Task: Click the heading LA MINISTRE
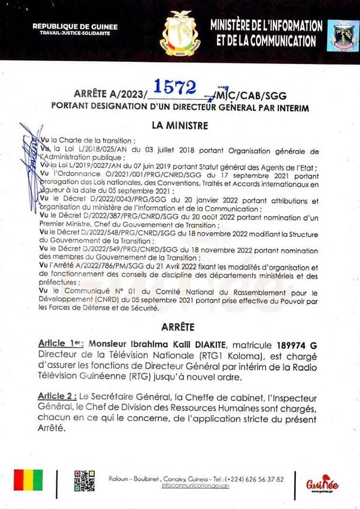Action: pyautogui.click(x=179, y=126)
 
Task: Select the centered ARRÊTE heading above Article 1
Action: pyautogui.click(x=179, y=327)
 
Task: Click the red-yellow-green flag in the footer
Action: pyautogui.click(x=28, y=480)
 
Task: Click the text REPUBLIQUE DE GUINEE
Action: pyautogui.click(x=75, y=26)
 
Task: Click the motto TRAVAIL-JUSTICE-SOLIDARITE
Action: pyautogui.click(x=75, y=33)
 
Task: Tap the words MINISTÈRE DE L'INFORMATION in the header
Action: pyautogui.click(x=267, y=26)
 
